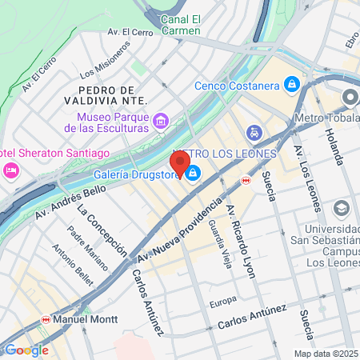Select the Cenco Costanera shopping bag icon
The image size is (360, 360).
pyautogui.click(x=292, y=85)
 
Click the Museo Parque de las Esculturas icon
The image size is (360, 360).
pyautogui.click(x=161, y=122)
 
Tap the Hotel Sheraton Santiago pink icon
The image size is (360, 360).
pyautogui.click(x=11, y=170)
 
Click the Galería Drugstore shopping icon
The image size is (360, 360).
pyautogui.click(x=194, y=177)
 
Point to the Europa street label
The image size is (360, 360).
pyautogui.click(x=223, y=301)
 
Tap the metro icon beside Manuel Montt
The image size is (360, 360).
pyautogui.click(x=46, y=318)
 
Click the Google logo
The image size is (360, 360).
pyautogui.click(x=26, y=350)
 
